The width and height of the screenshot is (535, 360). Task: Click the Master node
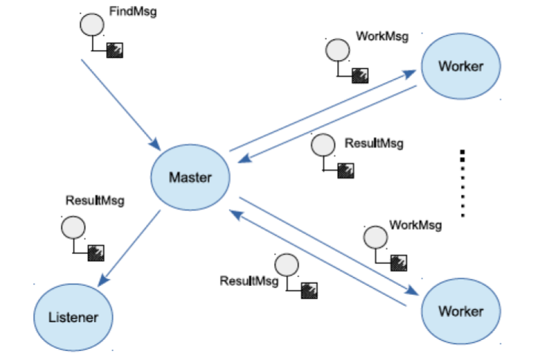pos(190,177)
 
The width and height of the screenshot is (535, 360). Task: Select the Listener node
pos(73,317)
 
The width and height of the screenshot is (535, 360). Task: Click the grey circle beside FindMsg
pos(90,24)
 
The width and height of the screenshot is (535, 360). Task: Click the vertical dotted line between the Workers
pos(462,184)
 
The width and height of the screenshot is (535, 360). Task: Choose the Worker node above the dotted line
pos(460,66)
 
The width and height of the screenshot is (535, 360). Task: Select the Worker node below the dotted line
pos(460,310)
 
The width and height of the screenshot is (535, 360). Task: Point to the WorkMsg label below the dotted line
pos(415,224)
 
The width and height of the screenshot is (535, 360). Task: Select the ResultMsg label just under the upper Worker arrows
pos(374,143)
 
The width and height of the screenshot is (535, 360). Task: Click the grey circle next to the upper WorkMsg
pos(337,50)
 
